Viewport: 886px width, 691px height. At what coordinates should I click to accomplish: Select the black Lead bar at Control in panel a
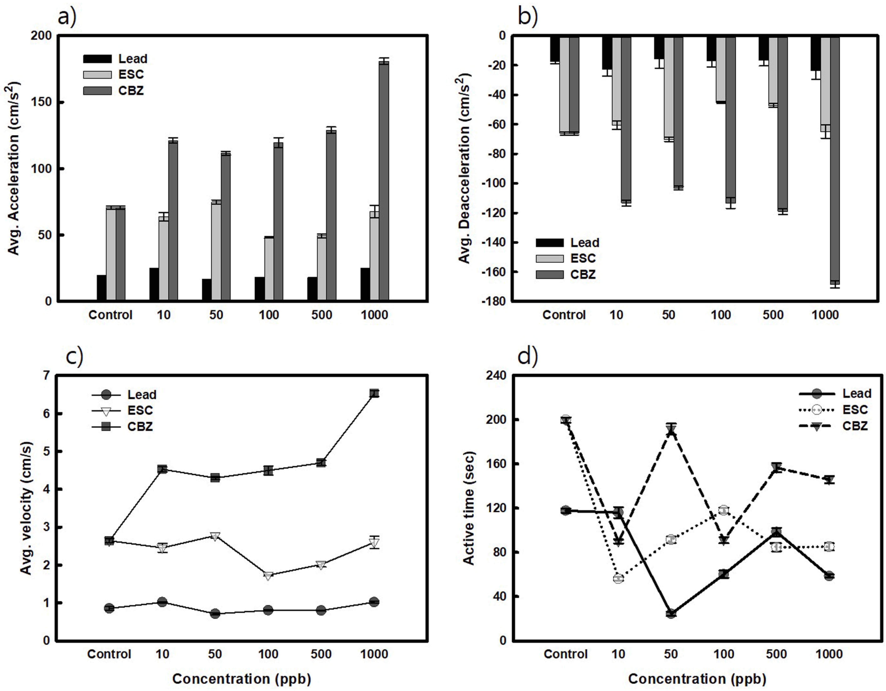101,288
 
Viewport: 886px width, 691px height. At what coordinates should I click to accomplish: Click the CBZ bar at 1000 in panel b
835,160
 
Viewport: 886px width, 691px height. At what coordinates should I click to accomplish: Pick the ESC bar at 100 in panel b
721,69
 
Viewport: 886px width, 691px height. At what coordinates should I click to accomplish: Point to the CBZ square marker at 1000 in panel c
374,393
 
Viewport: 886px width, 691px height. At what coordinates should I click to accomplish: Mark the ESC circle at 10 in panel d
618,579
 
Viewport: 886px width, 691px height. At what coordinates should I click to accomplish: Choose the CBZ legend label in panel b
583,275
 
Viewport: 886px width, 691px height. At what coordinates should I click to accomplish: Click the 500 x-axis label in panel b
773,315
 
